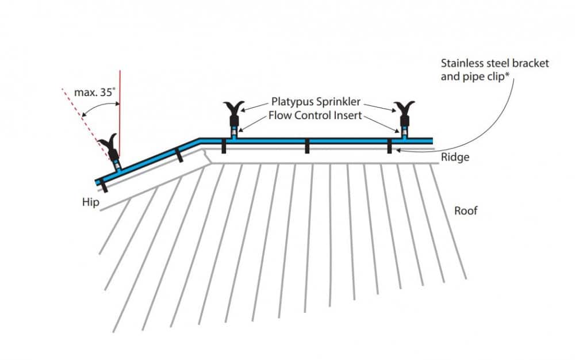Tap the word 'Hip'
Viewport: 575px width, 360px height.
[90, 202]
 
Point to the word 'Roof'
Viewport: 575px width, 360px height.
[466, 210]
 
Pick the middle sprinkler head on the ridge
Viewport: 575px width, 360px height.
[234, 112]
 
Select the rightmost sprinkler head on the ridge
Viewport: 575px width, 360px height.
[404, 112]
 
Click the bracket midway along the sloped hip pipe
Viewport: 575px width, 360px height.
[179, 155]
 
